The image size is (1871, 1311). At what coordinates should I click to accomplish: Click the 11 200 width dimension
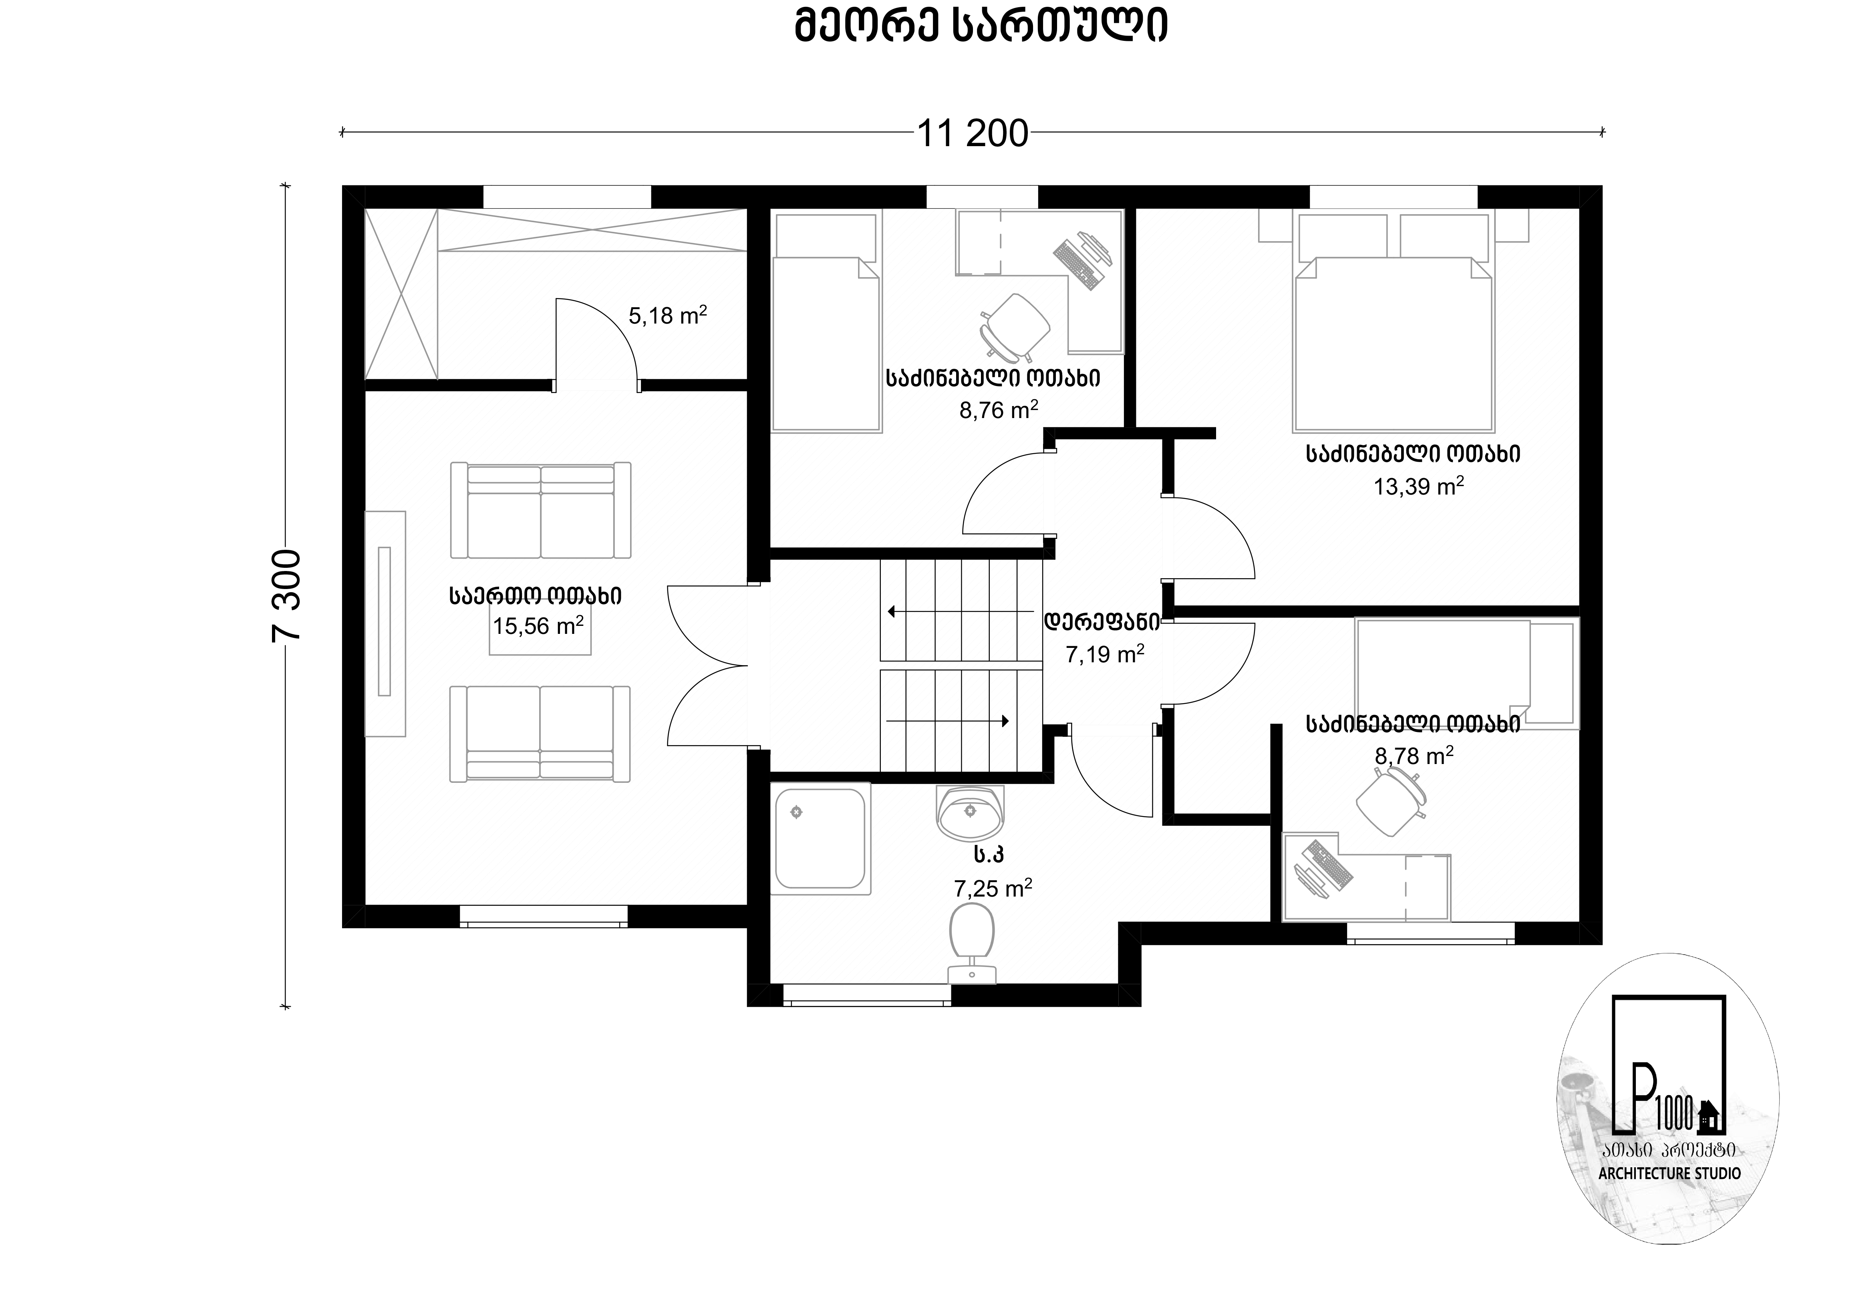(973, 134)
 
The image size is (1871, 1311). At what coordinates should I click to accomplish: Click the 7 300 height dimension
(287, 595)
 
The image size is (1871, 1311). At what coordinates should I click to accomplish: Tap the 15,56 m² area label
(538, 626)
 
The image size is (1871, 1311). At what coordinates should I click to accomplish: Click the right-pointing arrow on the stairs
(948, 721)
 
